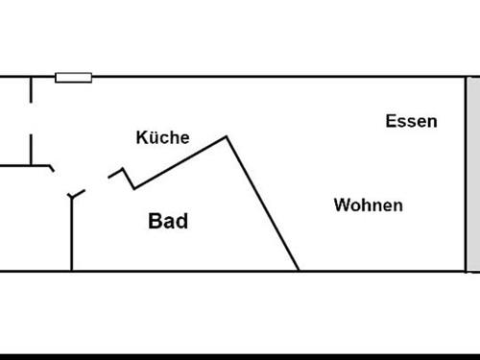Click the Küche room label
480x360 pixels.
click(x=162, y=138)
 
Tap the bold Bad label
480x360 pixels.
click(x=168, y=222)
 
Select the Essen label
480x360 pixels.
click(x=411, y=121)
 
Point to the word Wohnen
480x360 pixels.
click(x=368, y=205)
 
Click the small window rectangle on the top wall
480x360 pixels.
click(x=73, y=78)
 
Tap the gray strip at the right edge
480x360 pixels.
click(x=472, y=173)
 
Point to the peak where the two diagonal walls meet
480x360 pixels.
click(x=227, y=137)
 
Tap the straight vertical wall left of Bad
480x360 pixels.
click(x=72, y=235)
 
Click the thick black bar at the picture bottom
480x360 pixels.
click(x=240, y=356)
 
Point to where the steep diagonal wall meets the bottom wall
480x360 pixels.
click(x=299, y=271)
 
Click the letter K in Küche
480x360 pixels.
click(x=141, y=138)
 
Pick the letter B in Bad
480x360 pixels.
click(x=155, y=222)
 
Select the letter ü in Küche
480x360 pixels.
click(x=152, y=138)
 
